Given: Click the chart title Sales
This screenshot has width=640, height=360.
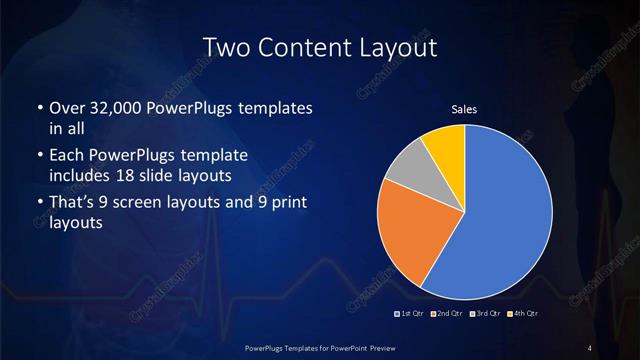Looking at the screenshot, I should tap(465, 109).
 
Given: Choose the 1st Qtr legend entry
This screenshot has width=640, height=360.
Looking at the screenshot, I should tap(409, 315).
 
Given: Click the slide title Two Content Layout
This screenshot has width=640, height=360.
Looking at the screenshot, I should tap(319, 47).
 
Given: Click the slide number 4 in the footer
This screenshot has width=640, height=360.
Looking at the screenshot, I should tap(590, 347).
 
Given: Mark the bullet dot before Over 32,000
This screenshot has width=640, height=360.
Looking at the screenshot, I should tap(39, 107).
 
